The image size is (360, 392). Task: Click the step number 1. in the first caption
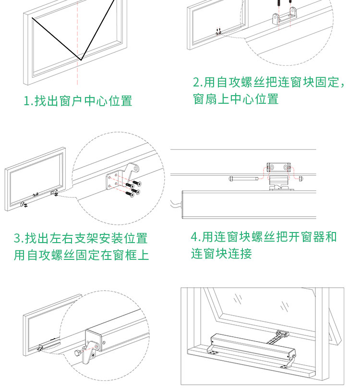28,101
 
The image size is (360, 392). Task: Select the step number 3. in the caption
18,238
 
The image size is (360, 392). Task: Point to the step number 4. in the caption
195,237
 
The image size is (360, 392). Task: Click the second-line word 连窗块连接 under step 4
221,254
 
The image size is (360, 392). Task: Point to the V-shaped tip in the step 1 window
82,60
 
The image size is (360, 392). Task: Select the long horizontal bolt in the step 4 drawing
245,179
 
